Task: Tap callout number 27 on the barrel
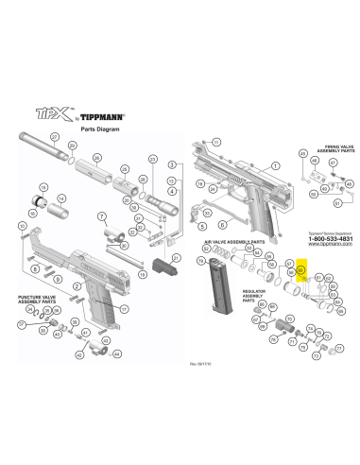click(x=55, y=138)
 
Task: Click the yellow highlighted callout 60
click(x=301, y=269)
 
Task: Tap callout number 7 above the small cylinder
click(x=102, y=216)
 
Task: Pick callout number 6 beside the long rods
click(x=218, y=226)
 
